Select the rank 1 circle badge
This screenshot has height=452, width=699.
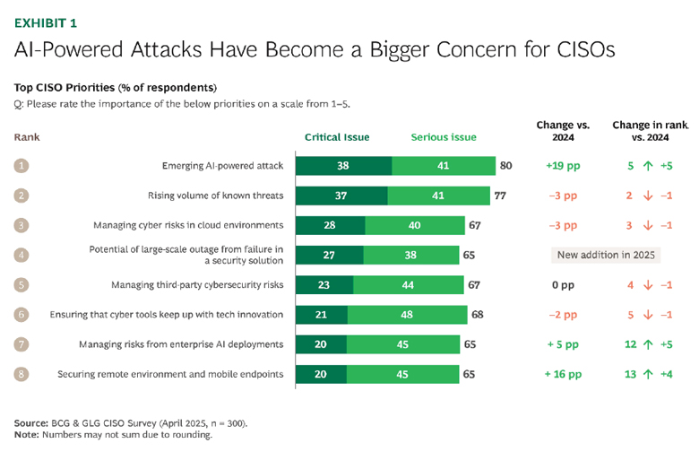click(x=22, y=166)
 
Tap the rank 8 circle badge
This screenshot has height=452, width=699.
click(x=22, y=374)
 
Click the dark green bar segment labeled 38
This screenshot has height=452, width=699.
click(x=343, y=166)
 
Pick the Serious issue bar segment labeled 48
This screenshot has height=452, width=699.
click(x=408, y=314)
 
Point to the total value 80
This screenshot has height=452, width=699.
click(x=506, y=166)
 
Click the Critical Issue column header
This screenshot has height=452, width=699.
click(x=338, y=137)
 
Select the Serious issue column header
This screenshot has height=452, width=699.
click(x=444, y=137)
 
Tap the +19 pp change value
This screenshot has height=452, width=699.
click(x=561, y=166)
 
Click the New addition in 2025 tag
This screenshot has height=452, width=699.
click(x=606, y=255)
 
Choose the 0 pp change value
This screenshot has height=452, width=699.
click(x=561, y=285)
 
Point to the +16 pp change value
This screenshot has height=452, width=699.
click(x=561, y=374)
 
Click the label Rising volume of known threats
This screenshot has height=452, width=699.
click(x=215, y=196)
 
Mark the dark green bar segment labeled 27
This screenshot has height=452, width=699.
click(x=329, y=255)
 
